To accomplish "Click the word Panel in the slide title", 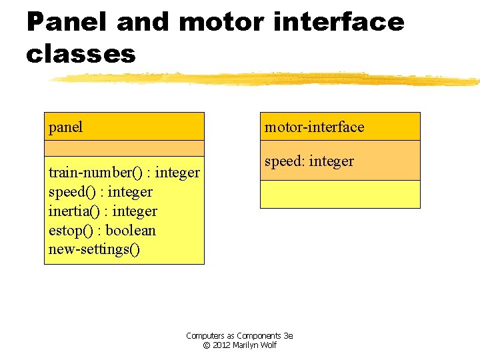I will coord(67,22).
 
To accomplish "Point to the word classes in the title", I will coord(81,54).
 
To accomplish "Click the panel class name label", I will coord(66,127).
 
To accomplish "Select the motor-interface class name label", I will coord(314,127).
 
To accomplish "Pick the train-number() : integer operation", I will coord(124,173).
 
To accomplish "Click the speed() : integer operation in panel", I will coord(100,192).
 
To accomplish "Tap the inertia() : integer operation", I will coord(103,211).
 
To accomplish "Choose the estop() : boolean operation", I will coord(102,231).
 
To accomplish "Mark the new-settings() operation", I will coord(95,250).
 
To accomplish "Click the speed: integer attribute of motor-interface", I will coord(309,161).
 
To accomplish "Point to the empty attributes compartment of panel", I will coord(124,148).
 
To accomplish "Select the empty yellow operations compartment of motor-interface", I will coord(340,194).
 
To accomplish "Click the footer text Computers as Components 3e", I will coord(239,336).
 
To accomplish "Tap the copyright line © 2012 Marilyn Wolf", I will coord(239,345).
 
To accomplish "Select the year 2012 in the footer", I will coord(221,345).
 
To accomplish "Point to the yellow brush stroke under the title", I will coord(267,79).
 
